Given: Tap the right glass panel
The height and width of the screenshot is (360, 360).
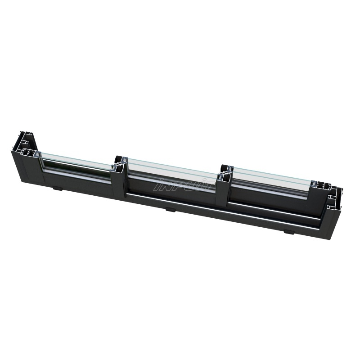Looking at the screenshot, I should [x=270, y=178].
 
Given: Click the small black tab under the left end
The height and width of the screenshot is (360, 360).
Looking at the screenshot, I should [x=57, y=188].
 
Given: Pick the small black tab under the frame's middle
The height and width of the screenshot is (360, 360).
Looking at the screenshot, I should [x=170, y=209].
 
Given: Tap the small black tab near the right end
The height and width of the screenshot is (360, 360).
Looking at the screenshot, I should [x=288, y=233].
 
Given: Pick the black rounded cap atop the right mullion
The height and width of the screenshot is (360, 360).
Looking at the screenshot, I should [x=224, y=169].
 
